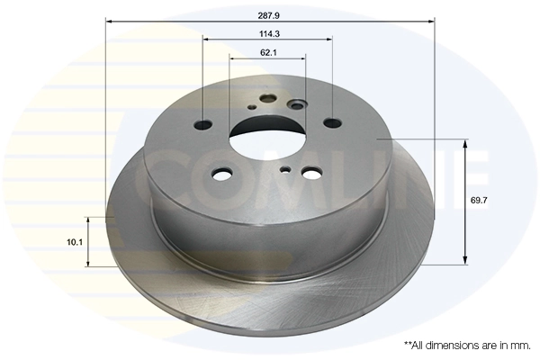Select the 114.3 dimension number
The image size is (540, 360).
[268, 33]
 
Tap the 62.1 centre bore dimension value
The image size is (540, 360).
[268, 52]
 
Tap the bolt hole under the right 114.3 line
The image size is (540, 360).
[332, 123]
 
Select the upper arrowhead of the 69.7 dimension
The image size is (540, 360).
[466, 143]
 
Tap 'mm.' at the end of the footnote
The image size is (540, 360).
[520, 345]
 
